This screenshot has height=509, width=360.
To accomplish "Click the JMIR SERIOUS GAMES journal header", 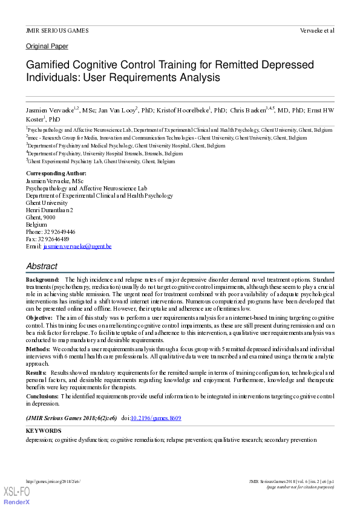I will [x=57, y=30].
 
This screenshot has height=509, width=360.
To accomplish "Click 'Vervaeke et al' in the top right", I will [x=317, y=30].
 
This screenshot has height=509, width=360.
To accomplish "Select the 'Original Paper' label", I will [x=47, y=47].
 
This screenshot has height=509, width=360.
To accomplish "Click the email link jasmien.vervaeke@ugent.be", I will [x=77, y=247].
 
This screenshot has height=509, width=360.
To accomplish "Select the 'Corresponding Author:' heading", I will [x=56, y=173].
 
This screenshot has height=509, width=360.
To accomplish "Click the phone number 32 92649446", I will [x=59, y=232].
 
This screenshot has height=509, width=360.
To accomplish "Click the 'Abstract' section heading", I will [x=42, y=266].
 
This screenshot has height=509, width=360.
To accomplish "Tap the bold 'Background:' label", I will [x=42, y=280].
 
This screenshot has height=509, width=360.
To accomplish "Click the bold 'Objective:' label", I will [x=39, y=317].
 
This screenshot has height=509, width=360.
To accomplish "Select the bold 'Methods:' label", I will [x=38, y=349].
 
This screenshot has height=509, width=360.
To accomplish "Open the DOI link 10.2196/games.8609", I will [x=160, y=418].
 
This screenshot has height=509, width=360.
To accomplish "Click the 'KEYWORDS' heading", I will [x=44, y=431].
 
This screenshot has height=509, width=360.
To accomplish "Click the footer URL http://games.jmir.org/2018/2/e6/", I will [x=53, y=481].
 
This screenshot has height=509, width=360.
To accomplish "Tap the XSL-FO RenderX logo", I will [x=16, y=496].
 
